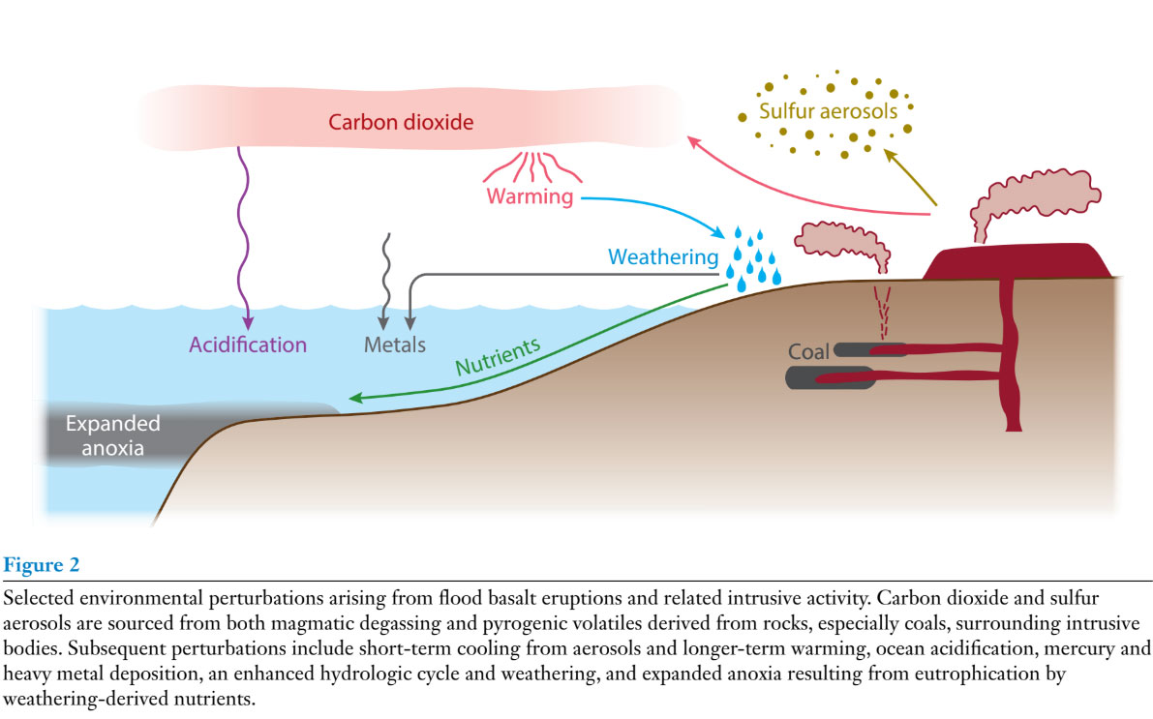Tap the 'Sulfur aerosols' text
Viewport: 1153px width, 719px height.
click(x=828, y=111)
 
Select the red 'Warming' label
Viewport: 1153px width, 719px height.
click(x=530, y=198)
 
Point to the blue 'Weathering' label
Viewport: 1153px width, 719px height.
click(x=663, y=257)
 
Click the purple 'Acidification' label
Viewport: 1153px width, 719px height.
click(x=248, y=345)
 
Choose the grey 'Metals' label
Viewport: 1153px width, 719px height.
click(x=395, y=345)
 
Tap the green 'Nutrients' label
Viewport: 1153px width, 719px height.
click(x=498, y=356)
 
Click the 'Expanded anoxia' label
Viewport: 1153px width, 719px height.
click(x=112, y=435)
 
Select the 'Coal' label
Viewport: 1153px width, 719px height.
click(x=808, y=352)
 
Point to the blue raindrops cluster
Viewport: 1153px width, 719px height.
click(x=753, y=256)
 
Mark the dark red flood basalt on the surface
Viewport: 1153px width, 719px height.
click(x=1016, y=260)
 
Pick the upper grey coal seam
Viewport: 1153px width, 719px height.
click(x=852, y=349)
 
